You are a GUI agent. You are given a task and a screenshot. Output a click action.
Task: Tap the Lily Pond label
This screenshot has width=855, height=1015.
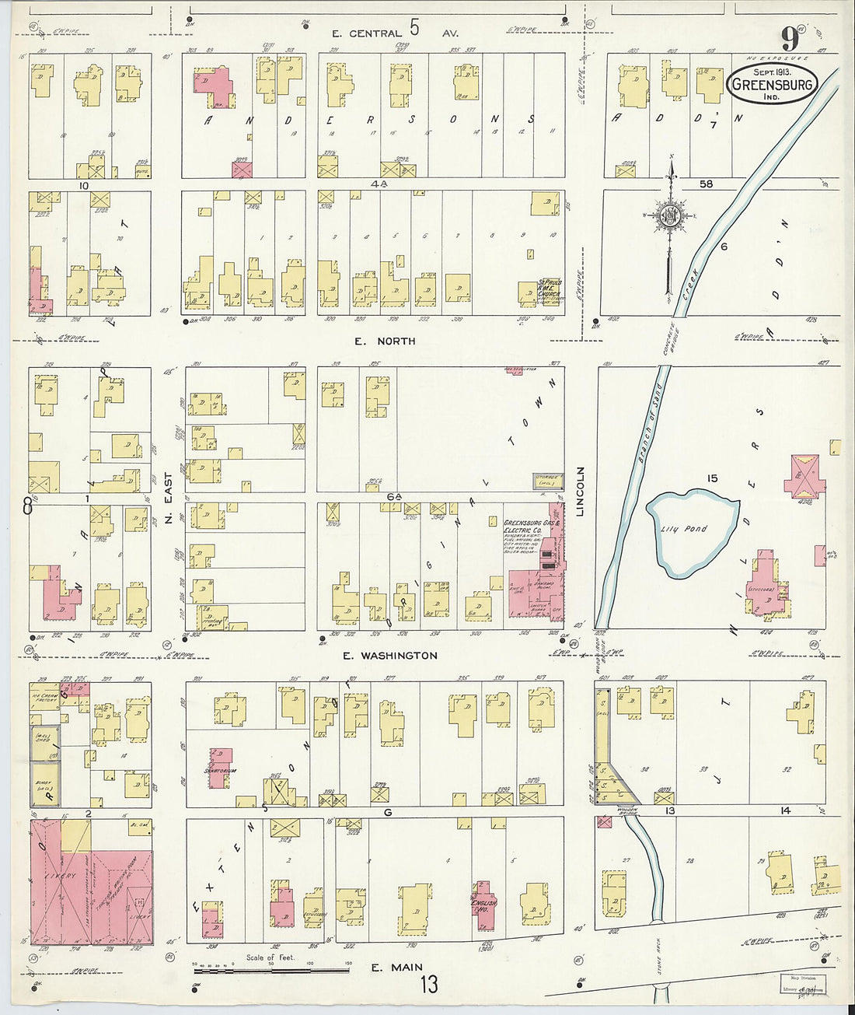click(685, 530)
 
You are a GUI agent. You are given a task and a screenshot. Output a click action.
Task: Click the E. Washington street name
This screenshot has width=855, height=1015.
click(391, 656)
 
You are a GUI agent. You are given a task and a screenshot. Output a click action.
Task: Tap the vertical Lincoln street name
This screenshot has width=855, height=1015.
click(581, 491)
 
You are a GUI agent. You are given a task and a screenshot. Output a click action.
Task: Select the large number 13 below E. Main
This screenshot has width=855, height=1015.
click(429, 985)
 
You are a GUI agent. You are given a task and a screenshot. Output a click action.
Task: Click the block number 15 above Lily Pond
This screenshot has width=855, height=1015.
click(711, 478)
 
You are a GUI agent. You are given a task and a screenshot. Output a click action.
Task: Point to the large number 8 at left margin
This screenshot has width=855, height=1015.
click(28, 506)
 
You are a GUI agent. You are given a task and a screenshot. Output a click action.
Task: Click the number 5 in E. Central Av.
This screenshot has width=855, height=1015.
click(415, 30)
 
